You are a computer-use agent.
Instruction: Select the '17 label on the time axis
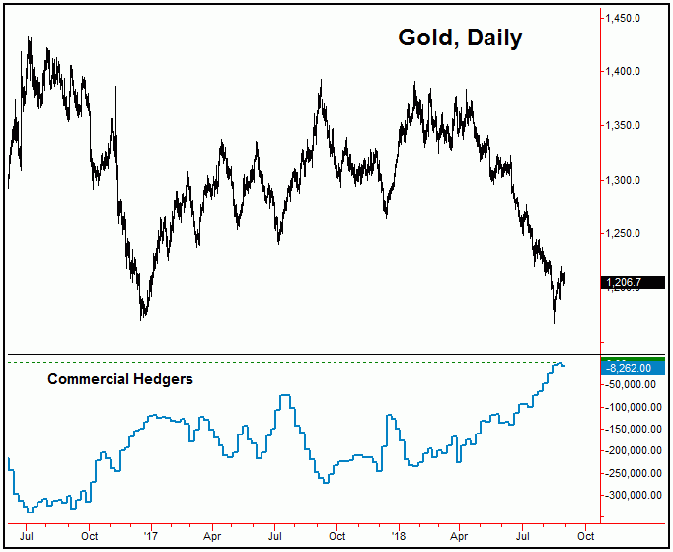tap(151, 537)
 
